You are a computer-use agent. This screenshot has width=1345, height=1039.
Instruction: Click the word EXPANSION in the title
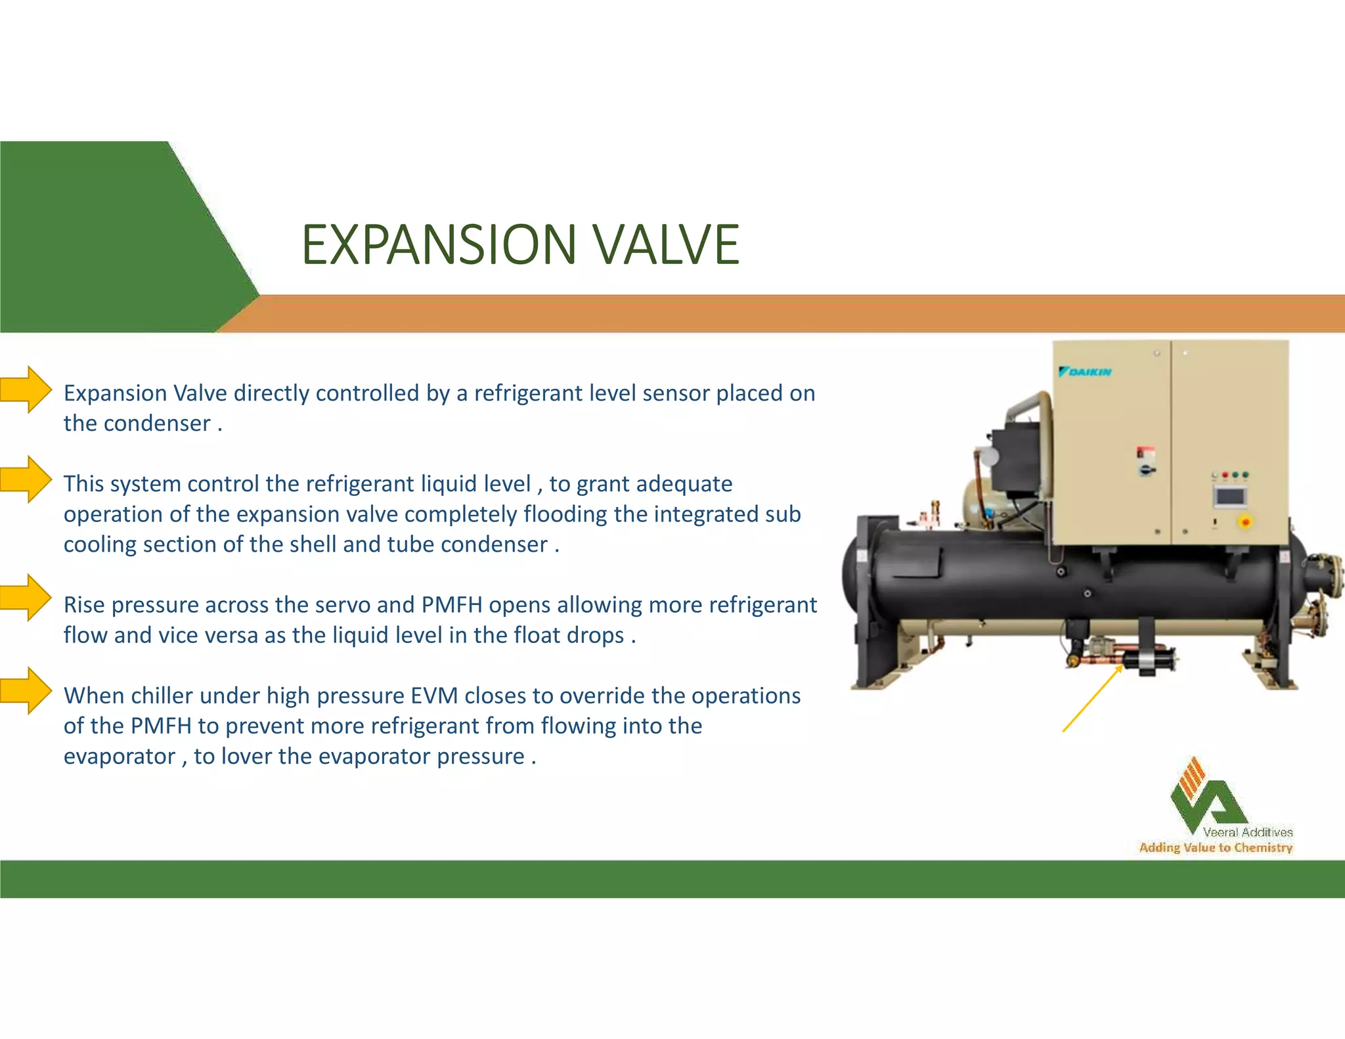(439, 244)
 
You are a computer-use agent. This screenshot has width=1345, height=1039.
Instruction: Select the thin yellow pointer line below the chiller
(1091, 699)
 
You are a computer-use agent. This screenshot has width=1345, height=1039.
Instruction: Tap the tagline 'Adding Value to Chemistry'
(1216, 848)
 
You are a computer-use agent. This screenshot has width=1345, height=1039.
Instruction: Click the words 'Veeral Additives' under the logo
(1247, 832)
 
